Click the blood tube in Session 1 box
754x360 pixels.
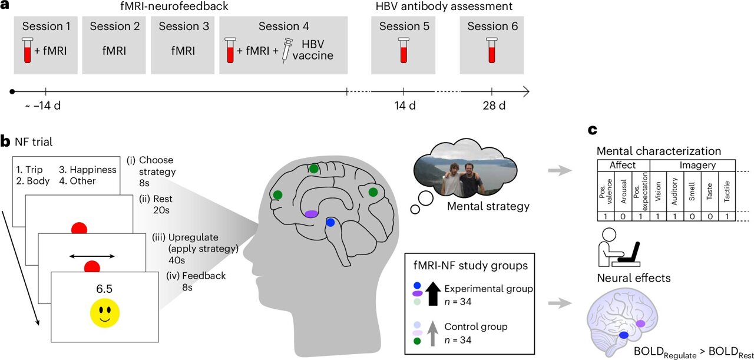pyautogui.click(x=27, y=51)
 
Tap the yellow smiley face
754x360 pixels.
pyautogui.click(x=105, y=312)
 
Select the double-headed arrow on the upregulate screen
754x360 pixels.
pyautogui.click(x=91, y=256)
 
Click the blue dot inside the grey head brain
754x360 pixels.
pyautogui.click(x=330, y=223)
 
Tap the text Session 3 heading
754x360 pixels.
pyautogui.click(x=180, y=27)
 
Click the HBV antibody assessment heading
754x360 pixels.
pyautogui.click(x=452, y=7)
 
